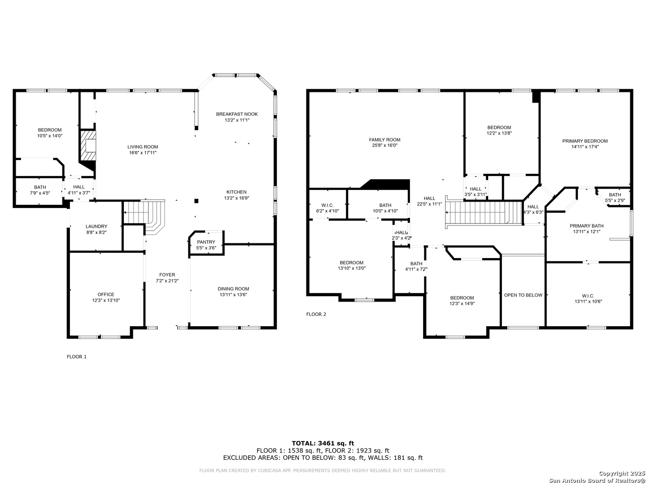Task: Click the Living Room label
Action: click(x=143, y=147)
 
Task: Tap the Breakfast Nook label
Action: click(x=237, y=114)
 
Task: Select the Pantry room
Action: click(x=207, y=243)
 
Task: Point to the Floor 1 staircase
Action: click(x=144, y=217)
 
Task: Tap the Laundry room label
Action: click(x=96, y=227)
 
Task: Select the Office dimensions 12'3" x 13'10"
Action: click(x=106, y=300)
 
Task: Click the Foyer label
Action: click(x=167, y=275)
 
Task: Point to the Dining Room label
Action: click(x=233, y=289)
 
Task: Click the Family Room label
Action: click(x=384, y=140)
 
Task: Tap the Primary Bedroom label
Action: click(x=585, y=141)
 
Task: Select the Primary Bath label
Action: click(x=586, y=226)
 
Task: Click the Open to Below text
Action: click(x=523, y=295)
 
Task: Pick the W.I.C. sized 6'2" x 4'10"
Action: click(x=327, y=205)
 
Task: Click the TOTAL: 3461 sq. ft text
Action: click(x=323, y=444)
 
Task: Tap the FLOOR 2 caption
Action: click(x=316, y=314)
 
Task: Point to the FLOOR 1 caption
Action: click(x=77, y=357)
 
